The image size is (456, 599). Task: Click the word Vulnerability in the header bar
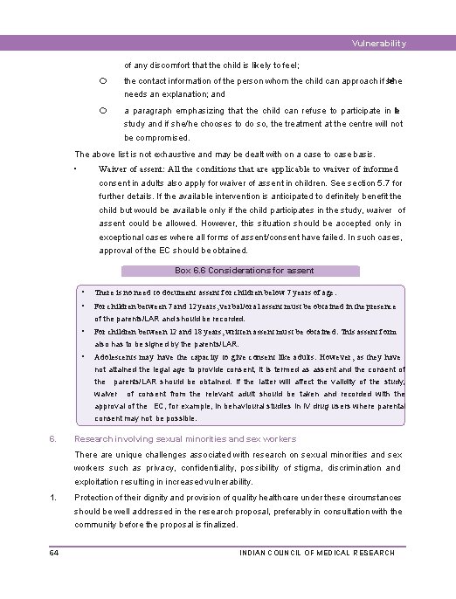379,44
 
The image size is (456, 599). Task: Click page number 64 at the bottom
54,553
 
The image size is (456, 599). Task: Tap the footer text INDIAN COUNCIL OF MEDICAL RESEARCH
316,553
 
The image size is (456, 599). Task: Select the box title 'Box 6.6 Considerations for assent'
245,271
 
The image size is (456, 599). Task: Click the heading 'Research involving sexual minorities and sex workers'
185,439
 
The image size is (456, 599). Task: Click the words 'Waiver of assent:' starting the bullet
134,169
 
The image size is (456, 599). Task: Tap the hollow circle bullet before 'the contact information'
102,80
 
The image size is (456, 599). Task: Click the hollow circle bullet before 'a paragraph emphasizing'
102,111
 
